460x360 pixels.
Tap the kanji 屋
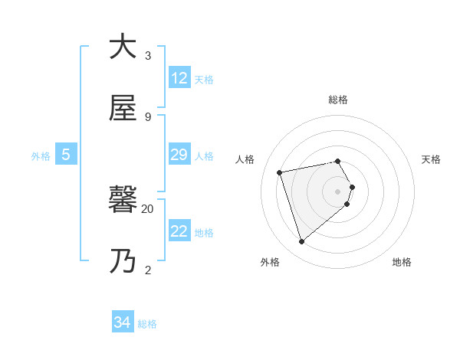point(123,110)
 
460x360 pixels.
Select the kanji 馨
point(123,201)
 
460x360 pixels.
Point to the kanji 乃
point(123,262)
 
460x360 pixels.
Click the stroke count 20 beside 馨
point(148,208)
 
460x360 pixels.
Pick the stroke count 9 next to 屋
point(148,117)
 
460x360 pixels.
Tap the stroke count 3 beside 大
point(148,55)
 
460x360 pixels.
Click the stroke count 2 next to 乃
point(148,270)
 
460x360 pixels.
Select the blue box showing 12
point(179,78)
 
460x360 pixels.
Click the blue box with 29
point(179,155)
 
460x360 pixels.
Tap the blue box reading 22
point(179,231)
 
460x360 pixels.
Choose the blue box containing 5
point(66,155)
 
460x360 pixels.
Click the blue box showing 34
point(123,323)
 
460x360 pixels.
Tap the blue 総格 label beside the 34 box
point(147,324)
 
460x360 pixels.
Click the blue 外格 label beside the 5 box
point(41,155)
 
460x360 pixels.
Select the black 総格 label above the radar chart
point(338,100)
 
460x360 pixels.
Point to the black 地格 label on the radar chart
point(402,262)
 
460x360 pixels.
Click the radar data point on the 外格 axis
point(301,242)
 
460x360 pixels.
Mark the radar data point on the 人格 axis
point(280,172)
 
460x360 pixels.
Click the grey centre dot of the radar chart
point(338,191)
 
